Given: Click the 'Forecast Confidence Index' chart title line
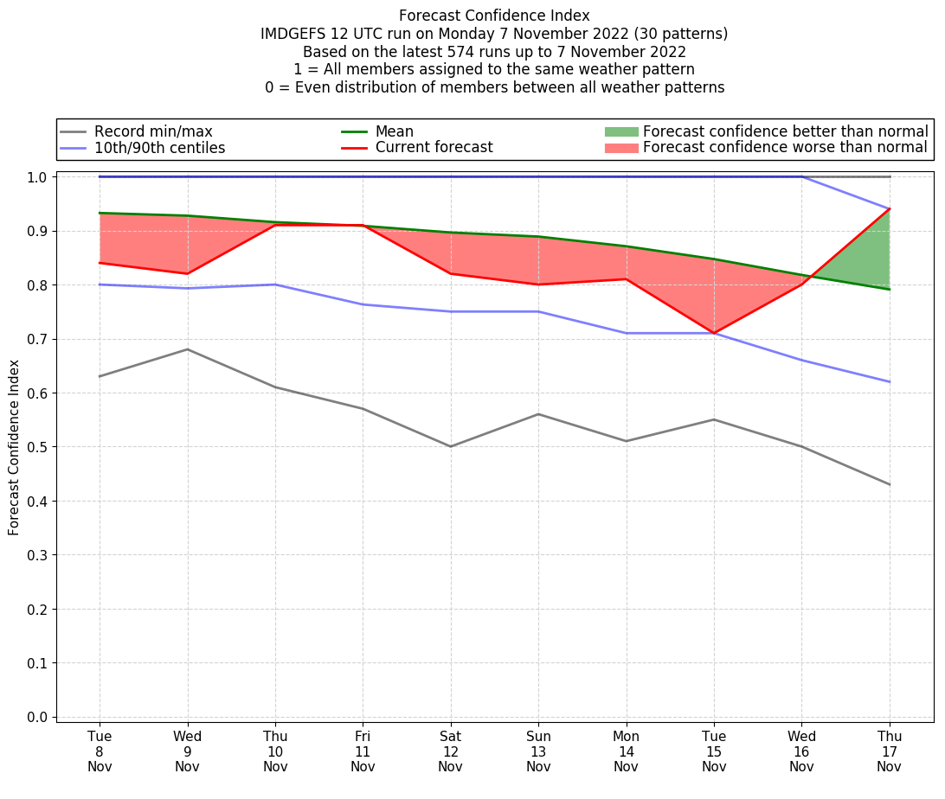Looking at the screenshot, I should [x=494, y=16].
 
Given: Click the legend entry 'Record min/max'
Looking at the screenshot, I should [x=152, y=131].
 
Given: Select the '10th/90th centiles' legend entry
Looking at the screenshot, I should [x=159, y=148].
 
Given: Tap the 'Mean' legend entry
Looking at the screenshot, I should [x=394, y=131].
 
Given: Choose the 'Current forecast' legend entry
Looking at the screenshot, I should [x=434, y=148].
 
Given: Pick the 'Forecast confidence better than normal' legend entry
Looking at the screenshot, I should [x=785, y=131].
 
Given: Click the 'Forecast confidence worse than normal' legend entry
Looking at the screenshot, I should [x=785, y=148].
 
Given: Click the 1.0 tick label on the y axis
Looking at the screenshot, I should [x=39, y=176].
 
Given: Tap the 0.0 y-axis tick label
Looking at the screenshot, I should [x=39, y=717].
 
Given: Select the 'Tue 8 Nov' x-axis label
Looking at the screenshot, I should [x=100, y=751].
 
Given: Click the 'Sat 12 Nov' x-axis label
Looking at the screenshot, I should [x=450, y=751].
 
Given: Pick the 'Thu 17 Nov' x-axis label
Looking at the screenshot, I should [x=890, y=751].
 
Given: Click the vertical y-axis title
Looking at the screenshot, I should [x=15, y=447].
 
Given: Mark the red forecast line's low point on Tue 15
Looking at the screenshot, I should [x=714, y=333].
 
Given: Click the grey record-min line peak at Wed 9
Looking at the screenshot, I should [x=187, y=349].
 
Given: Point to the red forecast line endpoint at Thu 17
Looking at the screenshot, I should [x=890, y=208].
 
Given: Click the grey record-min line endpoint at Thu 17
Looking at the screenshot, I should [x=890, y=484].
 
